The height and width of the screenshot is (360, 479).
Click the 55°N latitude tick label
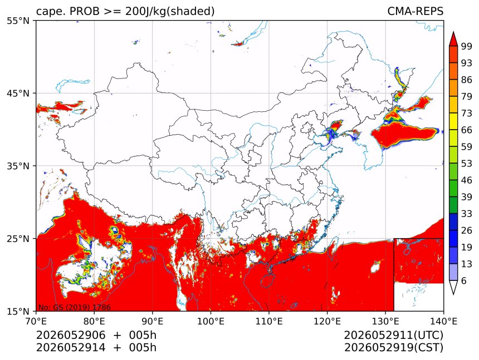coord(18,21)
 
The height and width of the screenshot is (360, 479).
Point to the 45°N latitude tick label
coord(18,93)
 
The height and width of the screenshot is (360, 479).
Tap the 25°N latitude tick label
coord(18,238)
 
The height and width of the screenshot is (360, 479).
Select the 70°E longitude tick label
coord(36,321)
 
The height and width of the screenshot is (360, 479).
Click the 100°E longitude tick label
coord(211,321)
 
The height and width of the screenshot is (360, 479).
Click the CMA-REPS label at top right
coord(415,11)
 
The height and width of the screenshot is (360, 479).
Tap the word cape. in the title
coord(50,12)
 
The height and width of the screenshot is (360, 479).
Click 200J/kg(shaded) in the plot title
coord(170,12)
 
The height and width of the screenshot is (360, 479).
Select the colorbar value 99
coord(467,46)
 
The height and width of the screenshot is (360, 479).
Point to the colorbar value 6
coord(464,280)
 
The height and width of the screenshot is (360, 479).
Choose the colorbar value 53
coord(467,164)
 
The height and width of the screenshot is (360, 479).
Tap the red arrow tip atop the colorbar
coord(453,32)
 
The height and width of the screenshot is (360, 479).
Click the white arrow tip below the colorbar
coord(453,294)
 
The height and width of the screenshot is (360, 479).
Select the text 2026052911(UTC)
coord(393,335)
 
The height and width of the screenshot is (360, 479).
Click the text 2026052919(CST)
coord(393,348)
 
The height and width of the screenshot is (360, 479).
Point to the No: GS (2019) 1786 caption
coord(74,307)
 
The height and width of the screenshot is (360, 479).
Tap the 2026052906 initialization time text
coord(71,335)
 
